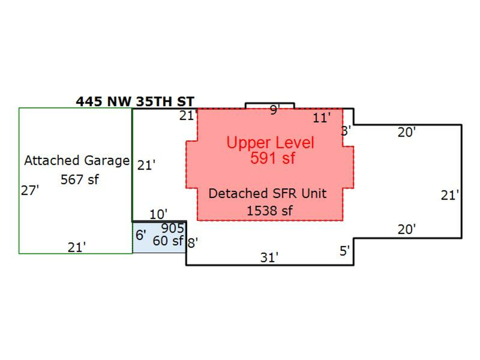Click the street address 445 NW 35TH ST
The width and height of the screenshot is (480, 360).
pos(135,101)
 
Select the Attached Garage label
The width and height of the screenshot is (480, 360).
pos(77,161)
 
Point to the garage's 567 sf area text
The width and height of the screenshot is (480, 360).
pos(79,180)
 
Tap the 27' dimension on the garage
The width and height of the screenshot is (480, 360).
pos(30,190)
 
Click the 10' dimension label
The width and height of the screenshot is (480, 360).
pos(158,214)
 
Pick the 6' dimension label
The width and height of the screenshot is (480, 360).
pos(141,235)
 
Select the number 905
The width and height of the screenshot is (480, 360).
pos(172,229)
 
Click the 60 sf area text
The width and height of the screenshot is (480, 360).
pos(167,241)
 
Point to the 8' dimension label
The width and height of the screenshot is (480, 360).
pos(193,243)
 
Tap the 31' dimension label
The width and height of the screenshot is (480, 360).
pos(269,258)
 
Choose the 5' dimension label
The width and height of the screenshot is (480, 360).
pos(345,251)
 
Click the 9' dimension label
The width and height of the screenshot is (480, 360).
pos(275,110)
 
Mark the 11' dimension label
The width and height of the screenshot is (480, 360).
pos(322,118)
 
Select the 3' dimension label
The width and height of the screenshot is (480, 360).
pos(346,131)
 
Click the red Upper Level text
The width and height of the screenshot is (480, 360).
pos(270,143)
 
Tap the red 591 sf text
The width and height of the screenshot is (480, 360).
pos(273,158)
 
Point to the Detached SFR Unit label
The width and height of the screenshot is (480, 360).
pos(267,193)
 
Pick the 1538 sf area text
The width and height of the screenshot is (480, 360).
pos(269,211)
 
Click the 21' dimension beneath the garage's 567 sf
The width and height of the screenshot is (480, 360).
pos(77,247)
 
